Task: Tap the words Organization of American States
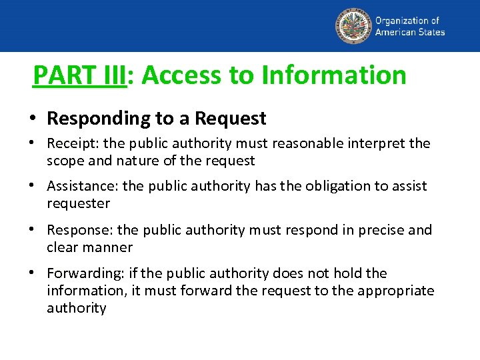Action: point(409,26)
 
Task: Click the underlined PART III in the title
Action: point(79,75)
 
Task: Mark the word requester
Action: point(78,203)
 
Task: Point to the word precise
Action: point(378,230)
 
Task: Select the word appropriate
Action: point(397,291)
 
